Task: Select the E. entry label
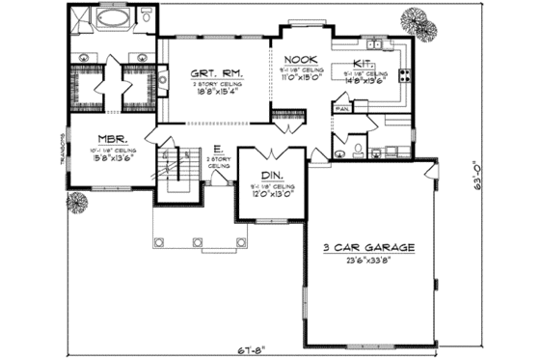[x=219, y=149]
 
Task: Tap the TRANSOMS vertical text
[x=61, y=151]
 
